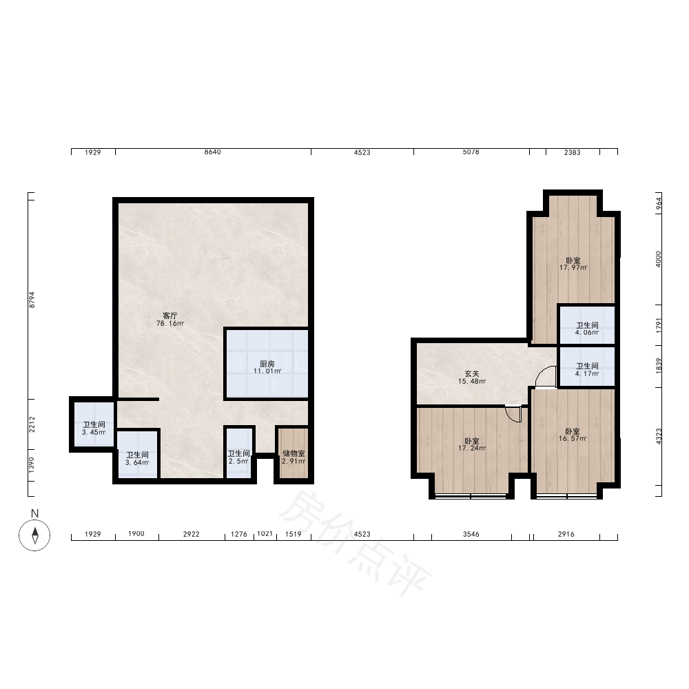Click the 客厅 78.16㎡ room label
coord(170,320)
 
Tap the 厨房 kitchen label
coord(267,367)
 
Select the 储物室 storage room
coord(294,457)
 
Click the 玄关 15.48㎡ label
coord(472,378)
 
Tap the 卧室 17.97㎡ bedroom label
coord(573,264)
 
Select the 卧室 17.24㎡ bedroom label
coord(472,444)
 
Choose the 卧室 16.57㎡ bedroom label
coord(573,435)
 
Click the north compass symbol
coord(34,535)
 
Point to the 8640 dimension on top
coord(213,152)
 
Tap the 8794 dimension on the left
coord(32,299)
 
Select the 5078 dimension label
coord(471,152)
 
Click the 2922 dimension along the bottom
coord(191,534)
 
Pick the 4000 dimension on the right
coord(658,259)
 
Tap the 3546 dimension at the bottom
coord(471,534)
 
